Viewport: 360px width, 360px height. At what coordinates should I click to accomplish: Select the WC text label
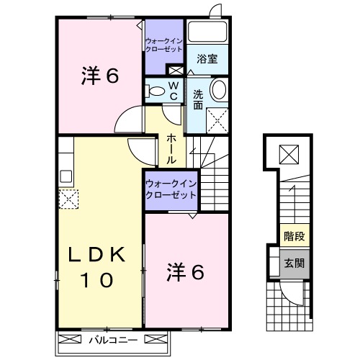click(174, 91)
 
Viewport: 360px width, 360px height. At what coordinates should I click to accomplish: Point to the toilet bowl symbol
click(156, 91)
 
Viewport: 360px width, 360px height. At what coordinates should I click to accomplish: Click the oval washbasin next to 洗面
click(219, 91)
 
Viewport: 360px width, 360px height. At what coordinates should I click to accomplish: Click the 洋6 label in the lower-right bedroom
click(187, 271)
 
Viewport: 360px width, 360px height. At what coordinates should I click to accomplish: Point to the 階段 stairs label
click(293, 235)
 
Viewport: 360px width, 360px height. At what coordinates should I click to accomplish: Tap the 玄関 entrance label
click(293, 264)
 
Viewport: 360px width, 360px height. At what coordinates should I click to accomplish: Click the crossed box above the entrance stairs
click(288, 153)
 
